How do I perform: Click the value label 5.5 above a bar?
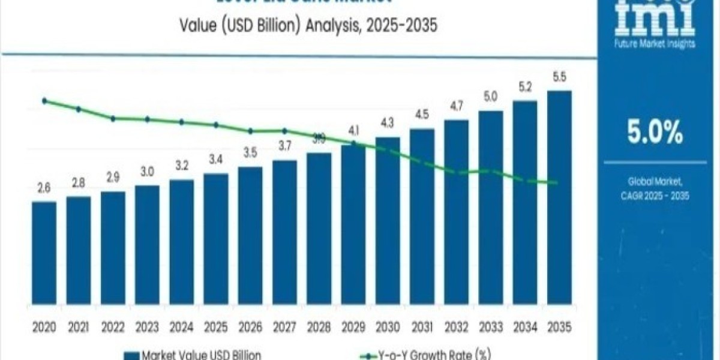[559, 77]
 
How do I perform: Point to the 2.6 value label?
[44, 188]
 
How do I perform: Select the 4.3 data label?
[388, 124]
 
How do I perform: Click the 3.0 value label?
[147, 172]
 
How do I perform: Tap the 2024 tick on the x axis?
[181, 327]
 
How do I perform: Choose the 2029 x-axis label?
[353, 327]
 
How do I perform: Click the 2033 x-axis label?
[491, 327]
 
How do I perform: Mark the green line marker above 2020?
[44, 101]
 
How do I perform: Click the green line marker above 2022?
[113, 118]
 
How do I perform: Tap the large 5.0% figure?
[655, 133]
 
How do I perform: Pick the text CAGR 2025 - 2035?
[655, 196]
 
